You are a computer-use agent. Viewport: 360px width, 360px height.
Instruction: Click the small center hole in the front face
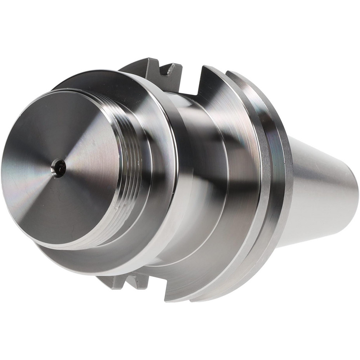click(x=59, y=168)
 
